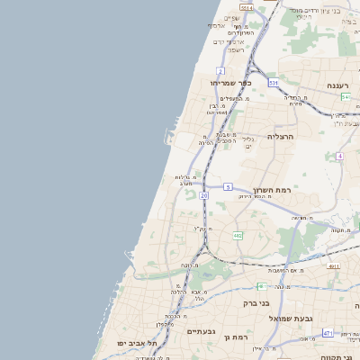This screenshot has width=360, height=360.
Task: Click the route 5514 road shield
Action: [x=246, y=7]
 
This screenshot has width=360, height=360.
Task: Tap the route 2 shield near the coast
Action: [x=220, y=70]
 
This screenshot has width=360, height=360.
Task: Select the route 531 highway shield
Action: [x=273, y=83]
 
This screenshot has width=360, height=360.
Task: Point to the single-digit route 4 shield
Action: [x=339, y=157]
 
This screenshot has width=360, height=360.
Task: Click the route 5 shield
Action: [x=229, y=187]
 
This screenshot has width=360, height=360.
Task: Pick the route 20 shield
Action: [x=204, y=195]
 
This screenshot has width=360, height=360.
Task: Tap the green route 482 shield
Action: [x=238, y=235]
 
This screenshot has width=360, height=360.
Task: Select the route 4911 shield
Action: [x=334, y=266]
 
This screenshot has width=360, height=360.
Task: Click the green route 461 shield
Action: [x=262, y=286]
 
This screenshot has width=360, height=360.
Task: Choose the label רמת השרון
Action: [x=274, y=190]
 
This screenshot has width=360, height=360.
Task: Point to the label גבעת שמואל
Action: [x=296, y=318]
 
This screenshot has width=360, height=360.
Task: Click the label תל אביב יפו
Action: [x=137, y=344]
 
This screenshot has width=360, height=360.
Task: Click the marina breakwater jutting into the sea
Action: [x=168, y=138]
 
